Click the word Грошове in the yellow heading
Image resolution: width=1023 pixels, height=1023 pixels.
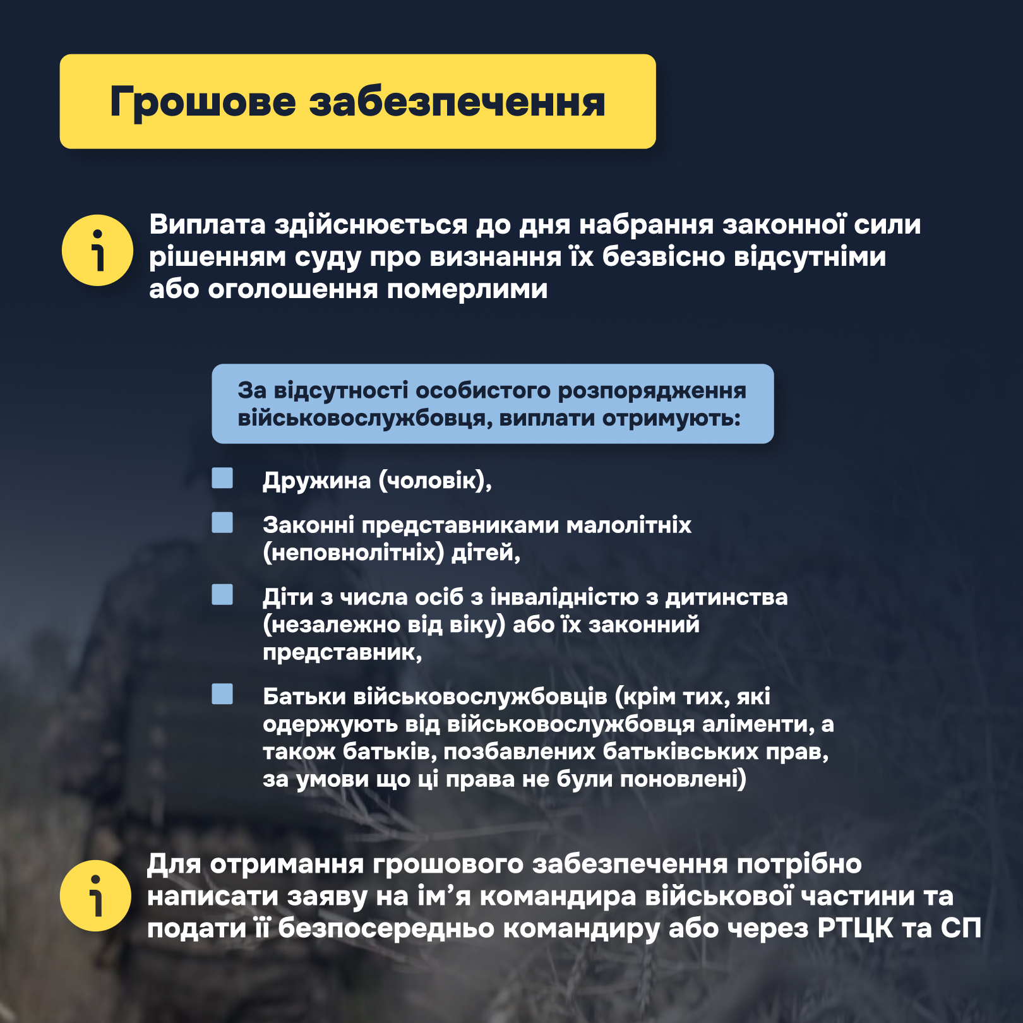203,102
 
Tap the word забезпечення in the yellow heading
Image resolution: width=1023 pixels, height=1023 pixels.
457,102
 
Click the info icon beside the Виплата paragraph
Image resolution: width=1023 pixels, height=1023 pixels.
97,251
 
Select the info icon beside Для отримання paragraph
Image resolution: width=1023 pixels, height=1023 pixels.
95,895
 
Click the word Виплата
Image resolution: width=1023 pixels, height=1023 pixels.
207,225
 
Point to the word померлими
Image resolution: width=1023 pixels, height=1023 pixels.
467,289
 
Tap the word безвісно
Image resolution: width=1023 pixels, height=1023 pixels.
662,257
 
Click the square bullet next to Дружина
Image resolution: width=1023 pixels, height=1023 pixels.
222,478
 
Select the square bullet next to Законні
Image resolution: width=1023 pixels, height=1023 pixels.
222,523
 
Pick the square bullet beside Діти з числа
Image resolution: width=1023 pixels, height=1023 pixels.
222,595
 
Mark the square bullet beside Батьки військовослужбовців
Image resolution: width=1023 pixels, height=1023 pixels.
222,694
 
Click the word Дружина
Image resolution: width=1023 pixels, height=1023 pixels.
316,481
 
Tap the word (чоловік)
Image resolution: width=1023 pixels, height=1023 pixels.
435,481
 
